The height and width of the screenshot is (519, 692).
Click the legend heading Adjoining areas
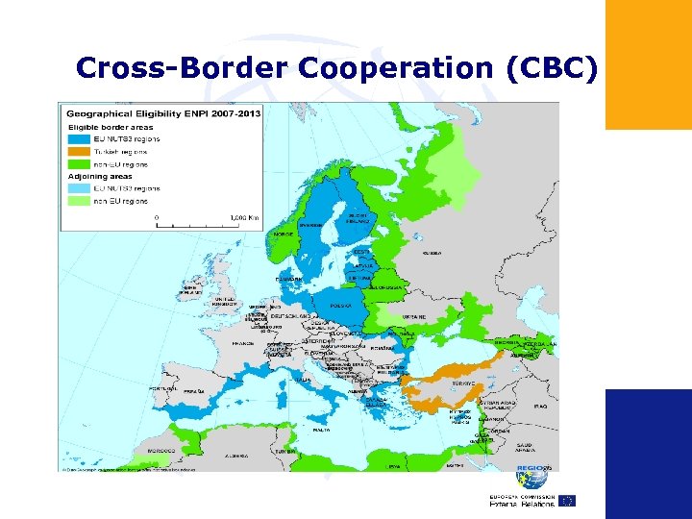[x=100, y=176]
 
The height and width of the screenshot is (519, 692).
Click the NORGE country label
[x=283, y=234]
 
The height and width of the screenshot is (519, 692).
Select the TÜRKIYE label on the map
[x=464, y=383]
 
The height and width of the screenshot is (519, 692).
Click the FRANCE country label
[x=242, y=342]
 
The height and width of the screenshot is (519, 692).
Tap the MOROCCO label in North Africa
[x=161, y=450]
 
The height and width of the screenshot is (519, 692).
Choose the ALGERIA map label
[x=235, y=457]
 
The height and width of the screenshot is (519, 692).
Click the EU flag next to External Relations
[x=566, y=501]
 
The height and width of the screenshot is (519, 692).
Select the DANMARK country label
[x=289, y=279]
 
